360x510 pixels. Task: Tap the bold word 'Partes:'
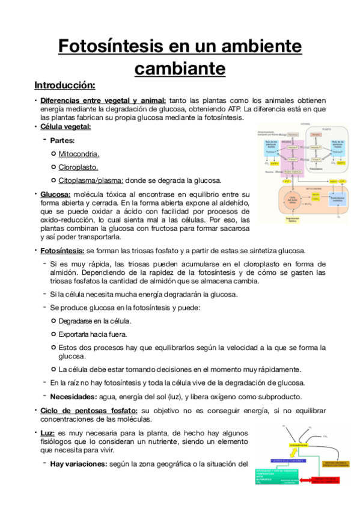63,141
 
